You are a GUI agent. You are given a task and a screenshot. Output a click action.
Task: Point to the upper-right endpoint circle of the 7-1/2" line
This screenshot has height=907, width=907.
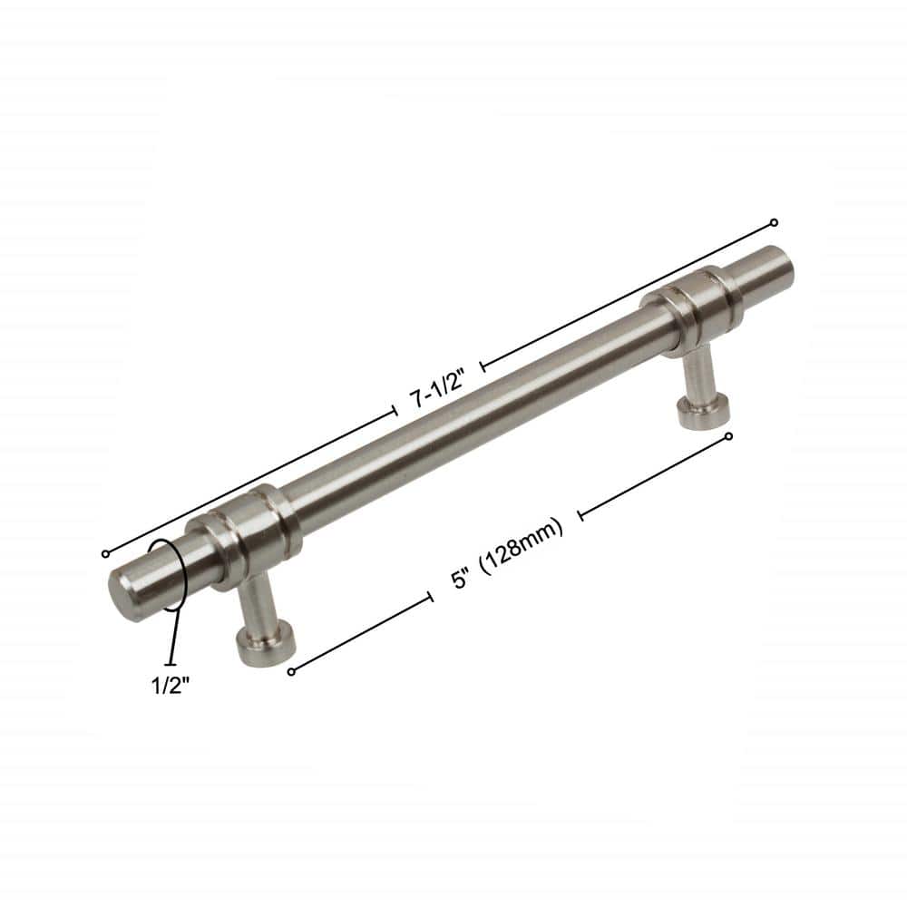(774, 222)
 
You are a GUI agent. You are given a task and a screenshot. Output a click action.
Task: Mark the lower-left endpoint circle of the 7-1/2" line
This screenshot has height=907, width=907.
(105, 553)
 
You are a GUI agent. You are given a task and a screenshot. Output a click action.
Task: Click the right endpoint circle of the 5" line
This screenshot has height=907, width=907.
(729, 436)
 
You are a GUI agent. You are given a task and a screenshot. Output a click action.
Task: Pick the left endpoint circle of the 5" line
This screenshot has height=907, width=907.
(291, 671)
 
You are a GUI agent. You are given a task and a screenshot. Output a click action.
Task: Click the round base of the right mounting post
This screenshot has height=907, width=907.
(703, 410)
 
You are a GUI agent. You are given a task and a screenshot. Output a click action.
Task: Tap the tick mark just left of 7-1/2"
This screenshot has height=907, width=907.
(395, 412)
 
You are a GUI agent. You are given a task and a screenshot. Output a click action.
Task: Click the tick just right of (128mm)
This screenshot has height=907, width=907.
(580, 515)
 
